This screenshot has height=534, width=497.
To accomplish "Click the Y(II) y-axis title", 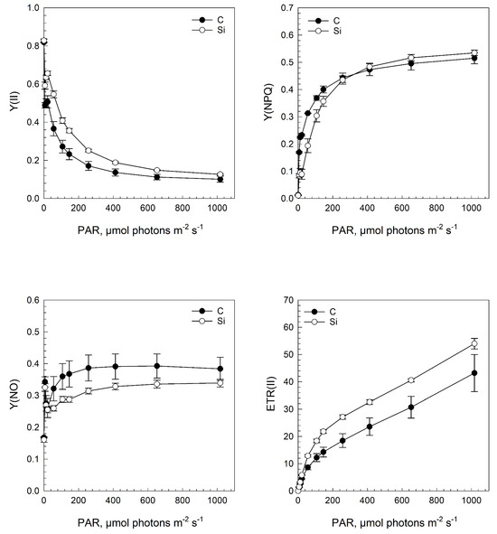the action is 14,101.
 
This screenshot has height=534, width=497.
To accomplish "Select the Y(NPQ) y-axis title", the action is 268,102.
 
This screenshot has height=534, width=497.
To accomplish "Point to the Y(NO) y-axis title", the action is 14,394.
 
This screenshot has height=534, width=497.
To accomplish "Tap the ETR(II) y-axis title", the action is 271,394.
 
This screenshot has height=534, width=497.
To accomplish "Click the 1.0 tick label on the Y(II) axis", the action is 33,7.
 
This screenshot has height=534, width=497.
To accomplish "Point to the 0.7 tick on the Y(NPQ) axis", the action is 287,7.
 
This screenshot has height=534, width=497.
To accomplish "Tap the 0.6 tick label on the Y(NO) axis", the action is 33,300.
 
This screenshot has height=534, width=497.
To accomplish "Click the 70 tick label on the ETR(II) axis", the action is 288,300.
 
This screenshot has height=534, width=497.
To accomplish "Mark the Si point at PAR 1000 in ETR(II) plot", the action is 474,343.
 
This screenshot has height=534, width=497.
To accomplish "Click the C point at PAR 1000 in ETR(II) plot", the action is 474,373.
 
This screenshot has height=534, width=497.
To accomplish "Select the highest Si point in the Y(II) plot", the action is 43,42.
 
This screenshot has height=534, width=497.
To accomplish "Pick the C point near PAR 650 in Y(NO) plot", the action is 156,366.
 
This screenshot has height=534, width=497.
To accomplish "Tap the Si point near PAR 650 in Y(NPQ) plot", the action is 411,57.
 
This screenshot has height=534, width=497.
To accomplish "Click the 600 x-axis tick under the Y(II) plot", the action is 147,208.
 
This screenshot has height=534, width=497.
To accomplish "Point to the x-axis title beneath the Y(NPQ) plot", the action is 394,230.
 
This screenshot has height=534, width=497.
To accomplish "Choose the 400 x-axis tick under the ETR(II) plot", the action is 367,500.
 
